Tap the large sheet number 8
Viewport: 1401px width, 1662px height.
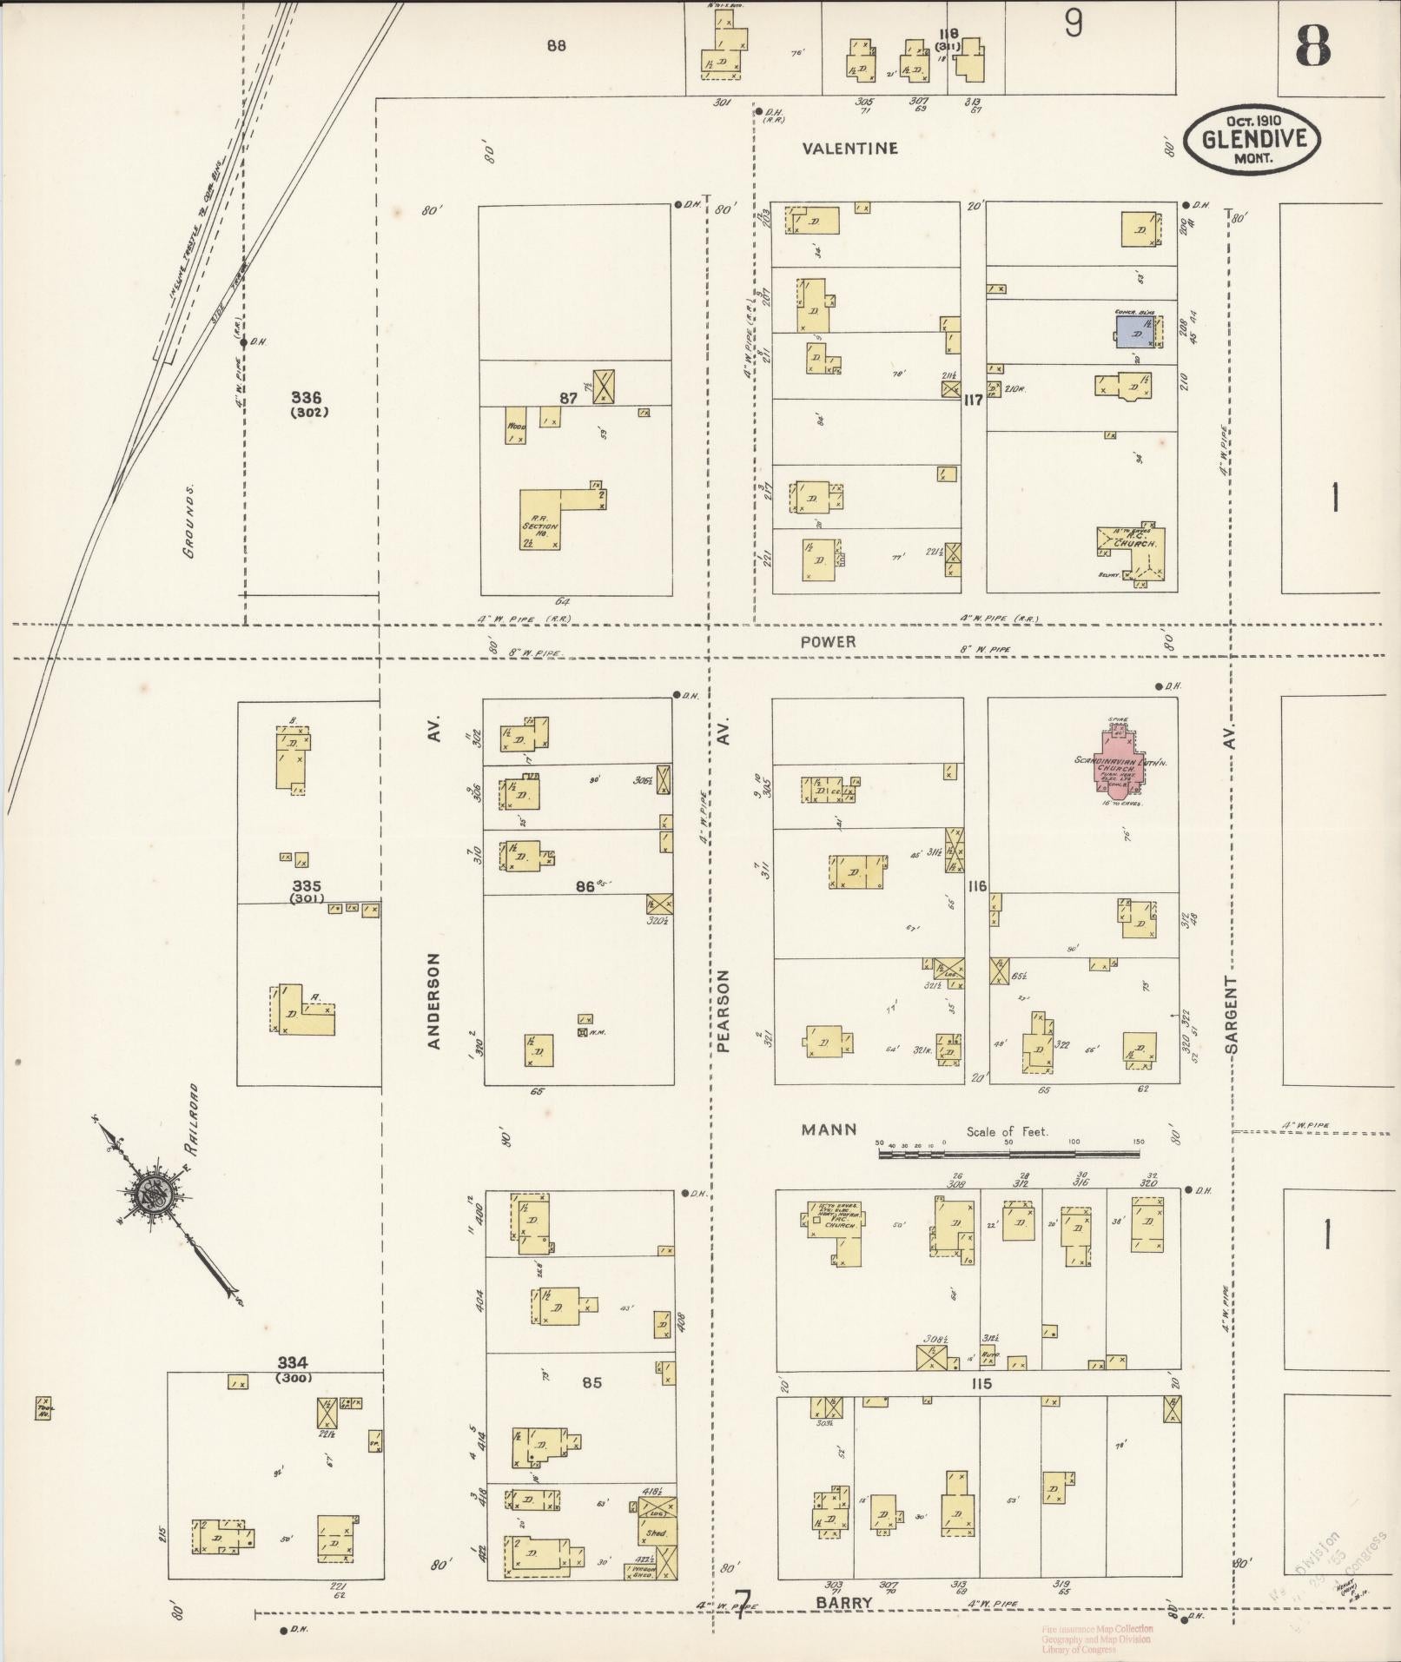pos(1312,46)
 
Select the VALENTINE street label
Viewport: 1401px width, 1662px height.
pos(849,149)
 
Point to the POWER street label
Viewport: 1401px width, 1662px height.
pos(828,642)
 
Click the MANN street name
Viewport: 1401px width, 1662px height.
pos(829,1130)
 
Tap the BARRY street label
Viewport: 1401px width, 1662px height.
pos(843,1603)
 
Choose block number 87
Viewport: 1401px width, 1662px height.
pos(568,398)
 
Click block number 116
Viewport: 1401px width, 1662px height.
pos(976,886)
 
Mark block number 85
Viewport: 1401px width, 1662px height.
pos(591,1382)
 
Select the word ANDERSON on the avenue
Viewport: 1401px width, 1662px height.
pos(434,1000)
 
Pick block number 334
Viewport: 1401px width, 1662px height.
pos(293,1362)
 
